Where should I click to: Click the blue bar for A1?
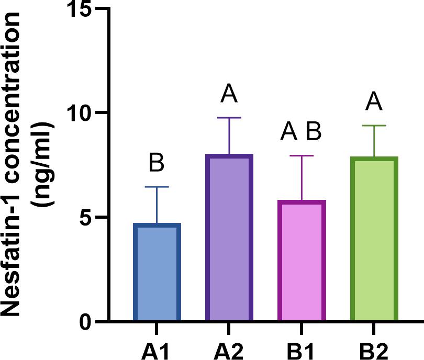click(x=157, y=272)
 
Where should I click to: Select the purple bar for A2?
click(x=229, y=238)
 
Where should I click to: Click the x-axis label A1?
click(x=157, y=348)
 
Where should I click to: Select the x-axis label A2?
click(x=229, y=348)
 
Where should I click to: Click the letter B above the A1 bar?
click(x=157, y=163)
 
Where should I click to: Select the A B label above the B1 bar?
click(x=301, y=132)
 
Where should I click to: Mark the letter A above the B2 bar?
click(x=374, y=102)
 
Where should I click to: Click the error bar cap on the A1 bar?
click(x=157, y=187)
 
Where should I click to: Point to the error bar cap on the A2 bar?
click(x=229, y=118)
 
